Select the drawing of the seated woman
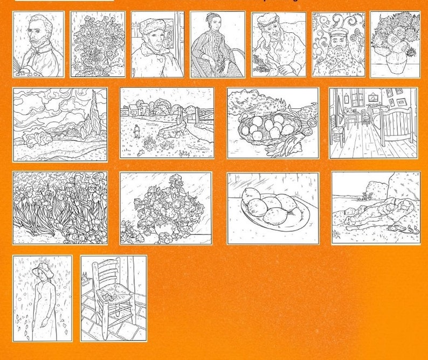[217, 44]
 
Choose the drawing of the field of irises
[60, 208]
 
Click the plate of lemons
[272, 210]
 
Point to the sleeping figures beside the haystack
[377, 216]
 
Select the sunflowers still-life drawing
[395, 45]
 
